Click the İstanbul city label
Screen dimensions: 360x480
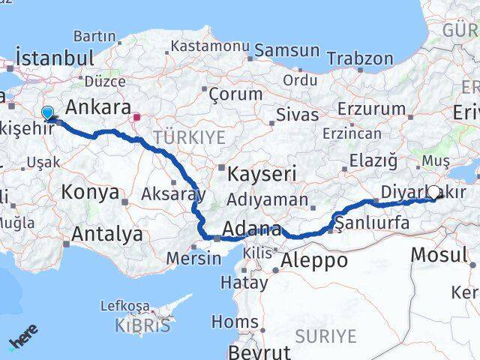pos(55,58)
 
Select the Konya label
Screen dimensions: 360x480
pos(90,192)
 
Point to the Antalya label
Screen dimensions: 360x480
pos(106,235)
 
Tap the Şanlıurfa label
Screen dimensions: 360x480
pos(373,223)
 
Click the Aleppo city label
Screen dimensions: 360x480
pos(314,260)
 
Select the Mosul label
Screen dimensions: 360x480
pos(439,254)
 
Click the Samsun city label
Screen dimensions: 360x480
pos(287,51)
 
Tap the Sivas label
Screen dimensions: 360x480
pos(298,115)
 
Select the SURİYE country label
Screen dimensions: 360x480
pos(325,335)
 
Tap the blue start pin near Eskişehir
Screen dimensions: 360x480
pos(48,113)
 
